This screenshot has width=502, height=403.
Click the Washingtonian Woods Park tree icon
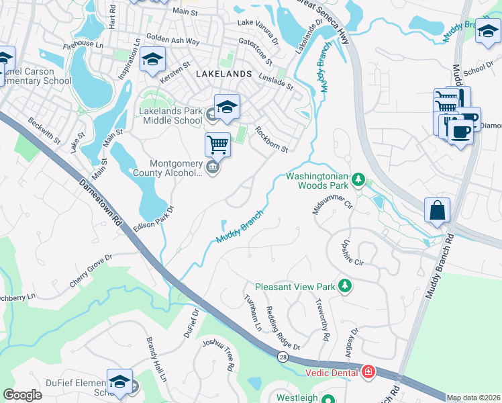pos(359,179)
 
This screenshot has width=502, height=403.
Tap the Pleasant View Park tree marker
pos(345,286)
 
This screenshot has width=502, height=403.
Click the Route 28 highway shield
pos(283,357)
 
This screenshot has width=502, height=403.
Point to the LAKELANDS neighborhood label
pos(223,73)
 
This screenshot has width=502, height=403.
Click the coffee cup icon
pos(460,131)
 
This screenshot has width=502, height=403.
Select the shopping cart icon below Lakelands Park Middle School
pos(217,144)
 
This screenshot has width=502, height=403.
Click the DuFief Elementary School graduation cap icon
pos(119,381)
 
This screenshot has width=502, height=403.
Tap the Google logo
pos(22,395)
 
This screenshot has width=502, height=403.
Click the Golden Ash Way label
pos(172,41)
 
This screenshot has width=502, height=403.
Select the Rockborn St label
pos(271,140)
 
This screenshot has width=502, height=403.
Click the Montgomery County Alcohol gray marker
pos(213,167)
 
